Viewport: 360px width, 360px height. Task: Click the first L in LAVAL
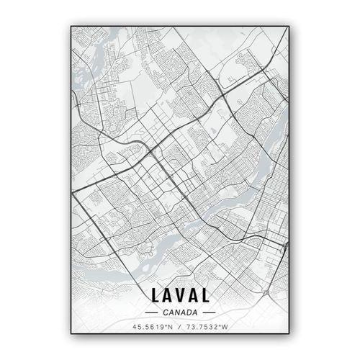156,295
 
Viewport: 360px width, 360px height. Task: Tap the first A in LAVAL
167,295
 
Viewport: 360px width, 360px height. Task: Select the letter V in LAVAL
180,295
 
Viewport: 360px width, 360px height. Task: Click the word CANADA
180,312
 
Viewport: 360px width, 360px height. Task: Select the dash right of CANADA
210,312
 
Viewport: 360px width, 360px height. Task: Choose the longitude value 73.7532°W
207,328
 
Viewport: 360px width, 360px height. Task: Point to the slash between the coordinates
180,328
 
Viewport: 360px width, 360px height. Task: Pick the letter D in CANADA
189,312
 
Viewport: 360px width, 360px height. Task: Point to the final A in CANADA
195,312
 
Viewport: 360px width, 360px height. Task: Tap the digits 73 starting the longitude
191,328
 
